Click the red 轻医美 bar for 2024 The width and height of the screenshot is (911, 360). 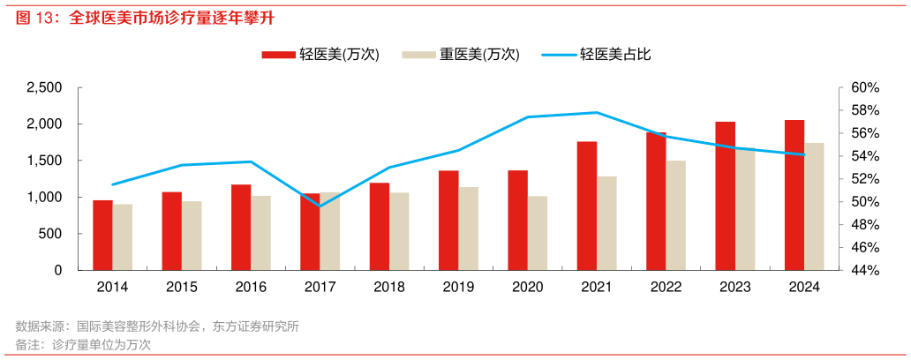(x=794, y=195)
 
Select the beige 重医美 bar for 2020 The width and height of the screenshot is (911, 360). (x=538, y=233)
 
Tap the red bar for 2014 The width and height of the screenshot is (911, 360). (x=102, y=235)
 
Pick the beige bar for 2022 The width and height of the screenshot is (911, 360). (x=675, y=215)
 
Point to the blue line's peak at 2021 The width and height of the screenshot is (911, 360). (x=597, y=112)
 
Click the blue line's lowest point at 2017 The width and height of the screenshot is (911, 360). (x=320, y=206)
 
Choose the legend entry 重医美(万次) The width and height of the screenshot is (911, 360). (x=461, y=55)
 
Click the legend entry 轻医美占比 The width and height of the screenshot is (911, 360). (x=600, y=55)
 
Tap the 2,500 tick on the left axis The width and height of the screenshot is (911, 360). (x=45, y=87)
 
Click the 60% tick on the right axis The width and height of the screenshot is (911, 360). (x=866, y=87)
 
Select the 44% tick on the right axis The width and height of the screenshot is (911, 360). (x=866, y=270)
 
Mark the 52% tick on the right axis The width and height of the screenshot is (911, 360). (x=866, y=179)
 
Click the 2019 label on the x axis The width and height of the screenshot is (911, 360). (x=458, y=288)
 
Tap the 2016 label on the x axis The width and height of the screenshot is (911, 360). (x=251, y=288)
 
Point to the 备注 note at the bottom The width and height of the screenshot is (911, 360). (x=84, y=344)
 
